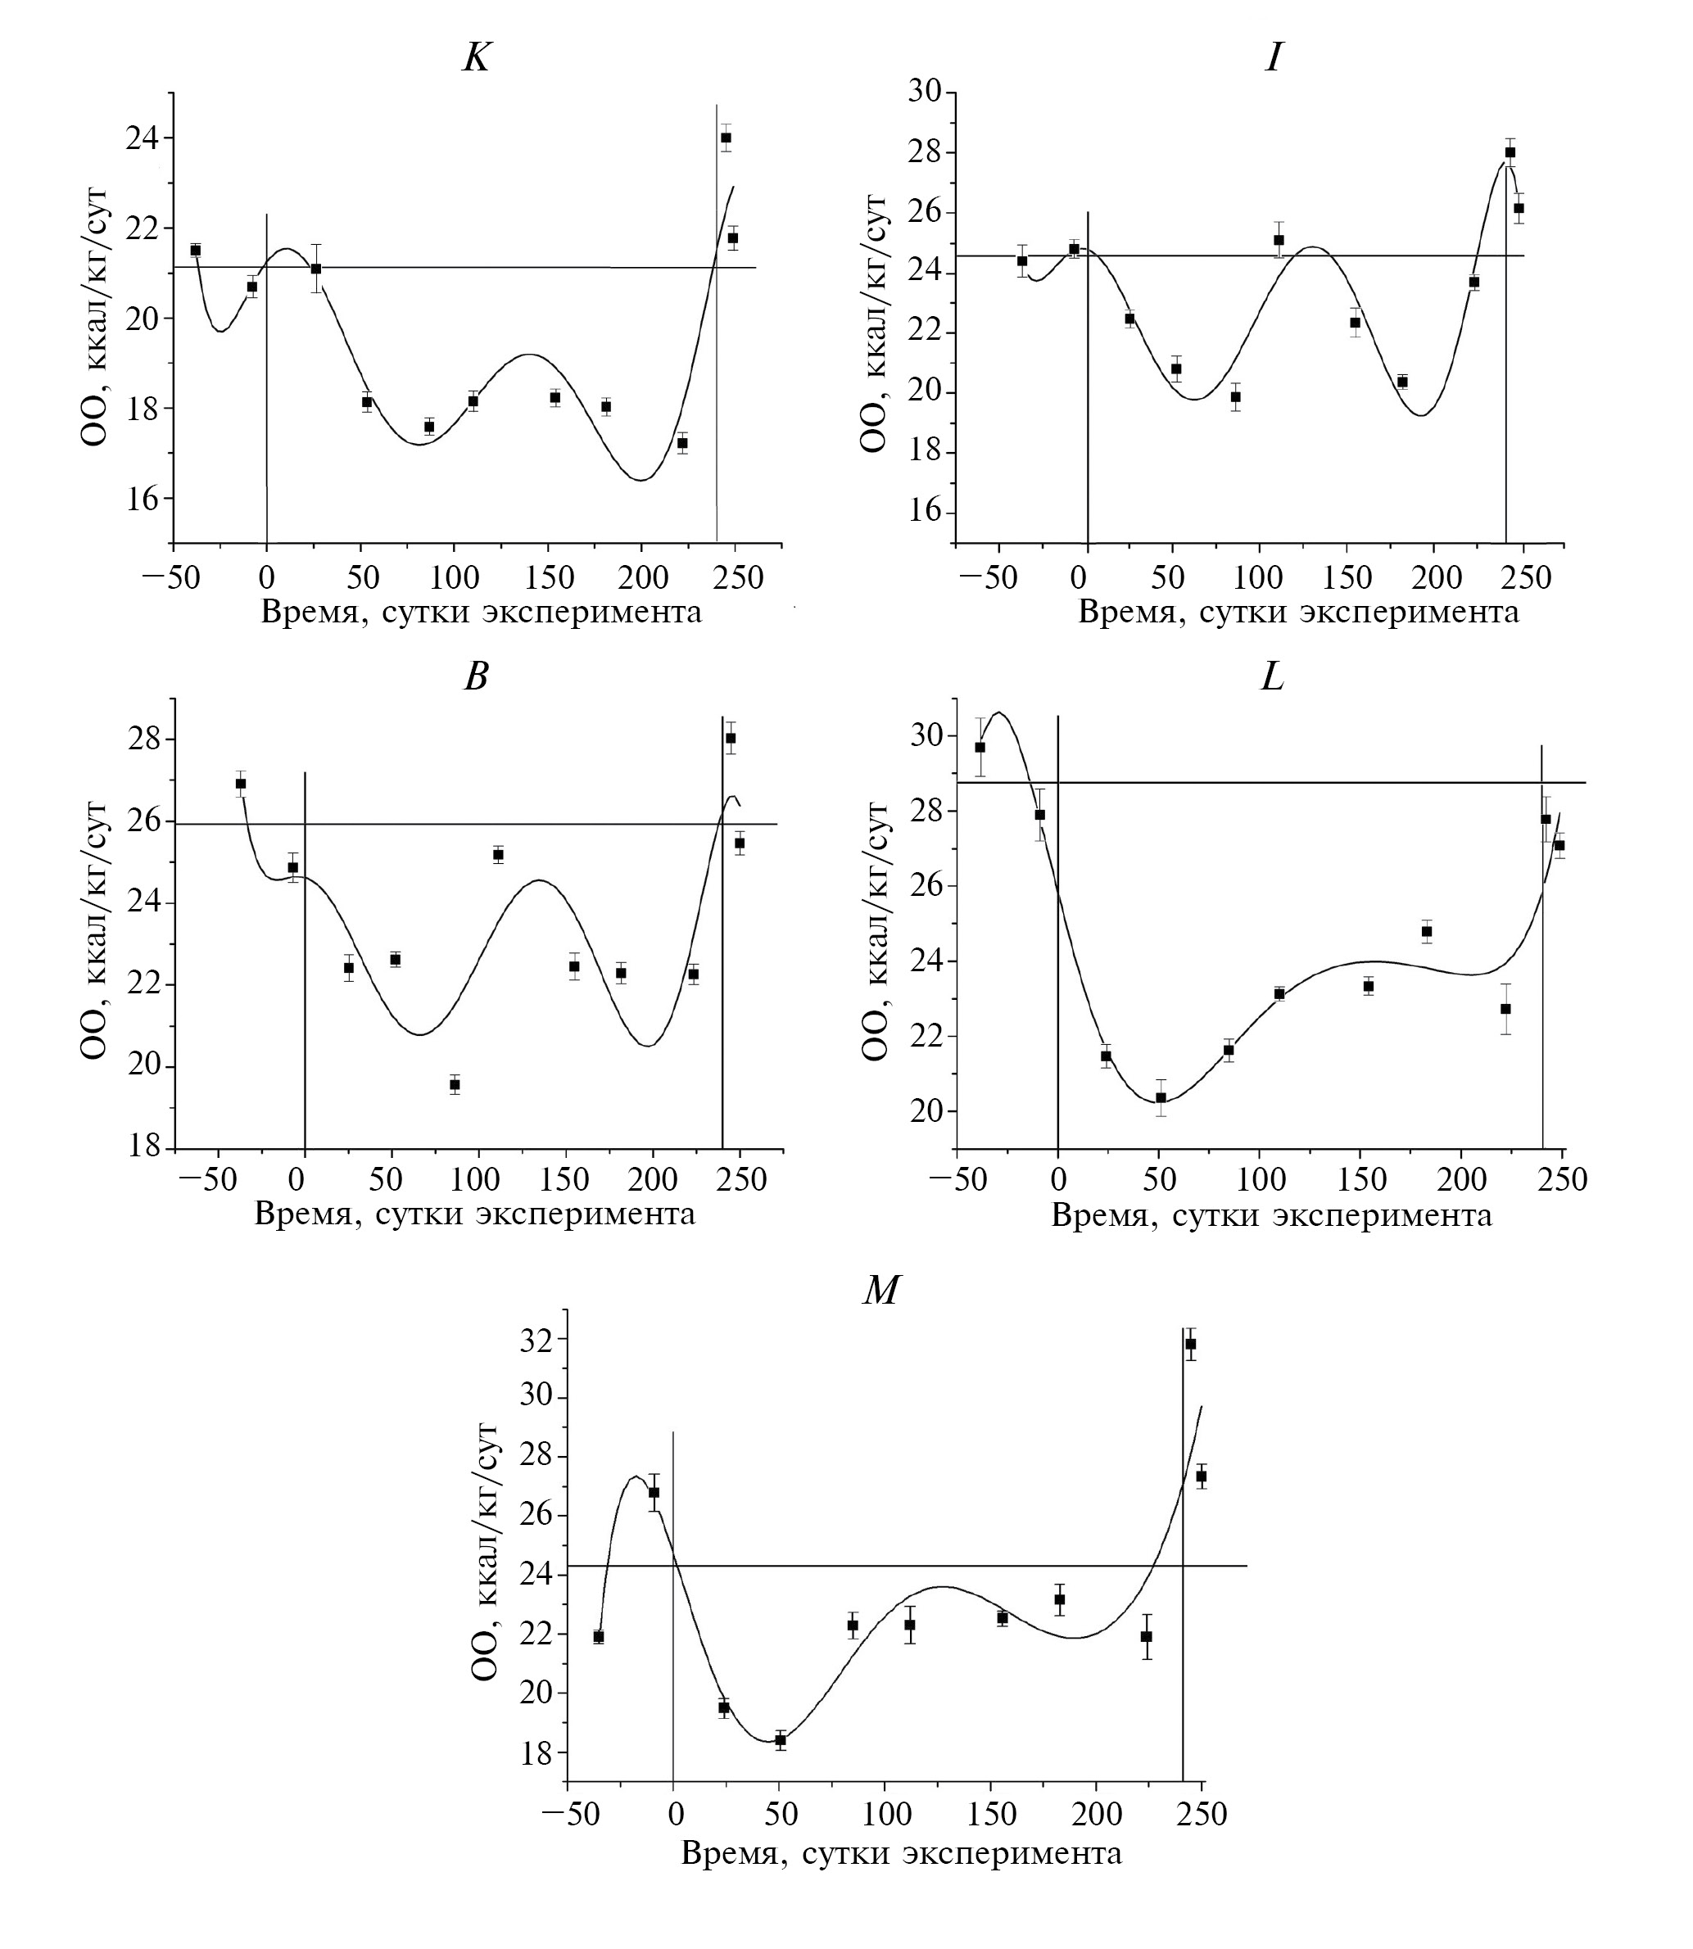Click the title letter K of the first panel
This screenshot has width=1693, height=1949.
tap(476, 59)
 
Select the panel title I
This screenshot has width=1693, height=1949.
tap(1274, 59)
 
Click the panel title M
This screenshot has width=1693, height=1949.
tap(880, 1289)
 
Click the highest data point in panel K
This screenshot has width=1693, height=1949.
tap(726, 138)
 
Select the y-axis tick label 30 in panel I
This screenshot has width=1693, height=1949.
tap(925, 92)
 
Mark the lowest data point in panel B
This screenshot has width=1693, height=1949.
tap(455, 1084)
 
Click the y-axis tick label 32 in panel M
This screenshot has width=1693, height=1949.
tap(536, 1340)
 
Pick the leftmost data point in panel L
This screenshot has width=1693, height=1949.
tap(980, 748)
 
